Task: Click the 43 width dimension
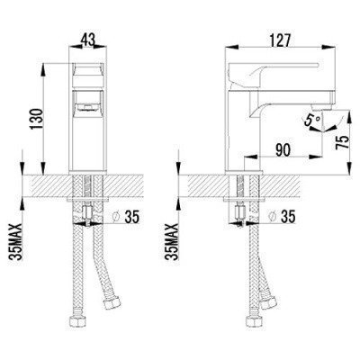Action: click(89, 40)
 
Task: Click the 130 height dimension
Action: click(37, 119)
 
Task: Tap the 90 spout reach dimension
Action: click(283, 150)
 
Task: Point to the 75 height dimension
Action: click(343, 141)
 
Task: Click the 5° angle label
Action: click(312, 121)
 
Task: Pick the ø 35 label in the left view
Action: click(127, 217)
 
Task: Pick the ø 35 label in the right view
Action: click(283, 217)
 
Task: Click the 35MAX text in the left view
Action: click(16, 242)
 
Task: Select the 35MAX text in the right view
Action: click(173, 242)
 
